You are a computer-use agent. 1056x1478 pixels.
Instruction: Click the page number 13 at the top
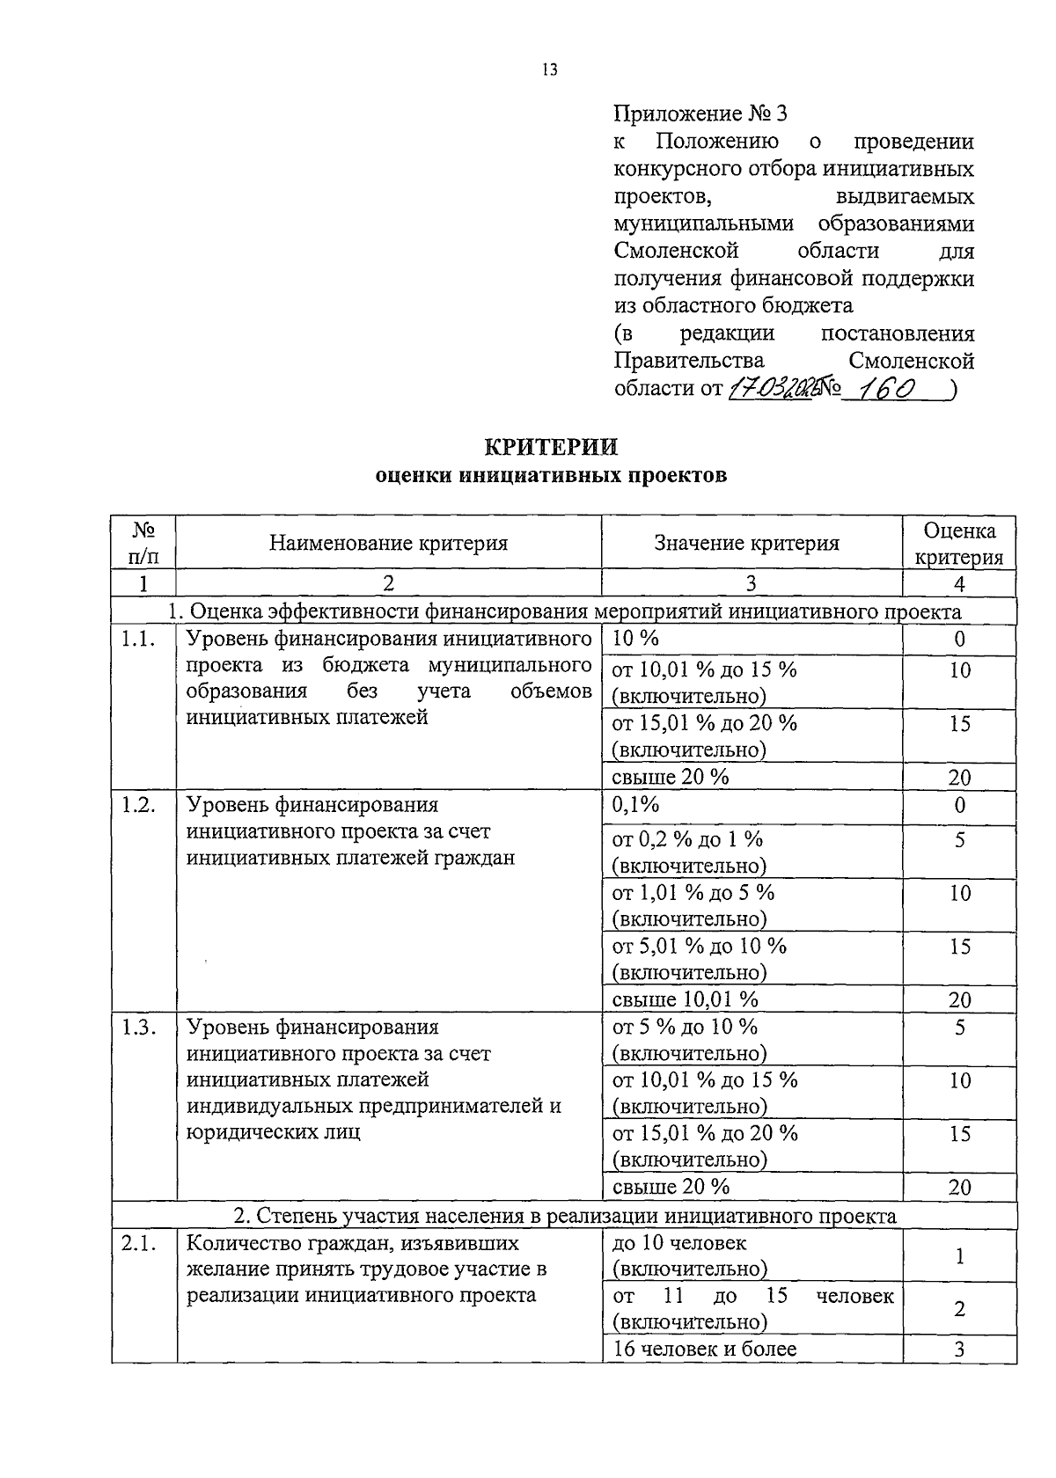coord(550,70)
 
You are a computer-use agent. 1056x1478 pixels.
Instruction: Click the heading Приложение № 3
coord(700,113)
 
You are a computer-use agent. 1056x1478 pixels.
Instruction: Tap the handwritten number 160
coord(888,388)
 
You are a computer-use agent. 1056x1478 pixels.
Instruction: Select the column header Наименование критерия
coord(389,543)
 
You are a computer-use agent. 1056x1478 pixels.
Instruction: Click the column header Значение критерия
coord(746,543)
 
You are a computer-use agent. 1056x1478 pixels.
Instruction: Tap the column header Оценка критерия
coord(959,544)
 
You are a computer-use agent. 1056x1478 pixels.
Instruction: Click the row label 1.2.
coord(139,804)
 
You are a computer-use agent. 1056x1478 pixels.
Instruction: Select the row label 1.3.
coord(139,1027)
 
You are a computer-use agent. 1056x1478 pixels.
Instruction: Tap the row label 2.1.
coord(139,1243)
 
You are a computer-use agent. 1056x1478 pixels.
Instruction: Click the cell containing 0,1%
coord(635,804)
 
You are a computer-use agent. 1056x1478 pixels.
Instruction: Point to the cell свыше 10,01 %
coord(685,999)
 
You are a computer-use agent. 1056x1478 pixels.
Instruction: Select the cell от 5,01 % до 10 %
coord(699,946)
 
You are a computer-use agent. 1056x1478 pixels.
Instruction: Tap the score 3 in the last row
coord(959,1349)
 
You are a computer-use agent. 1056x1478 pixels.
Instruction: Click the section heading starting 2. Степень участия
coord(564,1216)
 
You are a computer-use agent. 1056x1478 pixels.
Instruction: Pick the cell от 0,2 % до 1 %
coord(687,839)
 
